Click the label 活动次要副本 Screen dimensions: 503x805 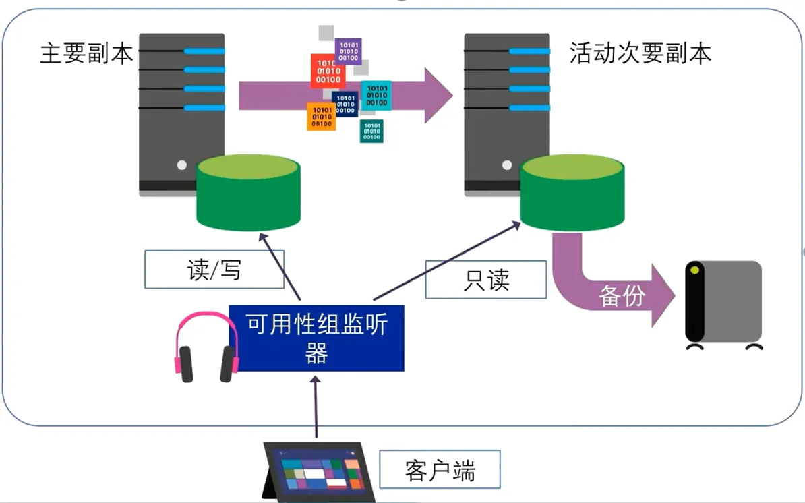click(x=640, y=54)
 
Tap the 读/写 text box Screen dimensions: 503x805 click(x=214, y=270)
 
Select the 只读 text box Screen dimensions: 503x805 click(x=485, y=279)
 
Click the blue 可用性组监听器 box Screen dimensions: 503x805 click(x=316, y=338)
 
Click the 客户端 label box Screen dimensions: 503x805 click(x=440, y=469)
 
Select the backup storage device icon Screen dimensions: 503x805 click(x=723, y=304)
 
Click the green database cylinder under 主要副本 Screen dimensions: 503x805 click(x=247, y=192)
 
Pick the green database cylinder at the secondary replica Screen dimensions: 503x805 click(x=572, y=192)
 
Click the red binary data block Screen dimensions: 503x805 click(x=328, y=71)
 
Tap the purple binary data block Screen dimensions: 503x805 click(x=349, y=51)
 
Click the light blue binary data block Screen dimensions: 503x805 click(x=376, y=95)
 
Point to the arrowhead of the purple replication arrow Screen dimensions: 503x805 click(x=438, y=94)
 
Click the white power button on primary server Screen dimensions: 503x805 click(x=181, y=165)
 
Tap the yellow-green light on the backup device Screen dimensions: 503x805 click(x=694, y=270)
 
